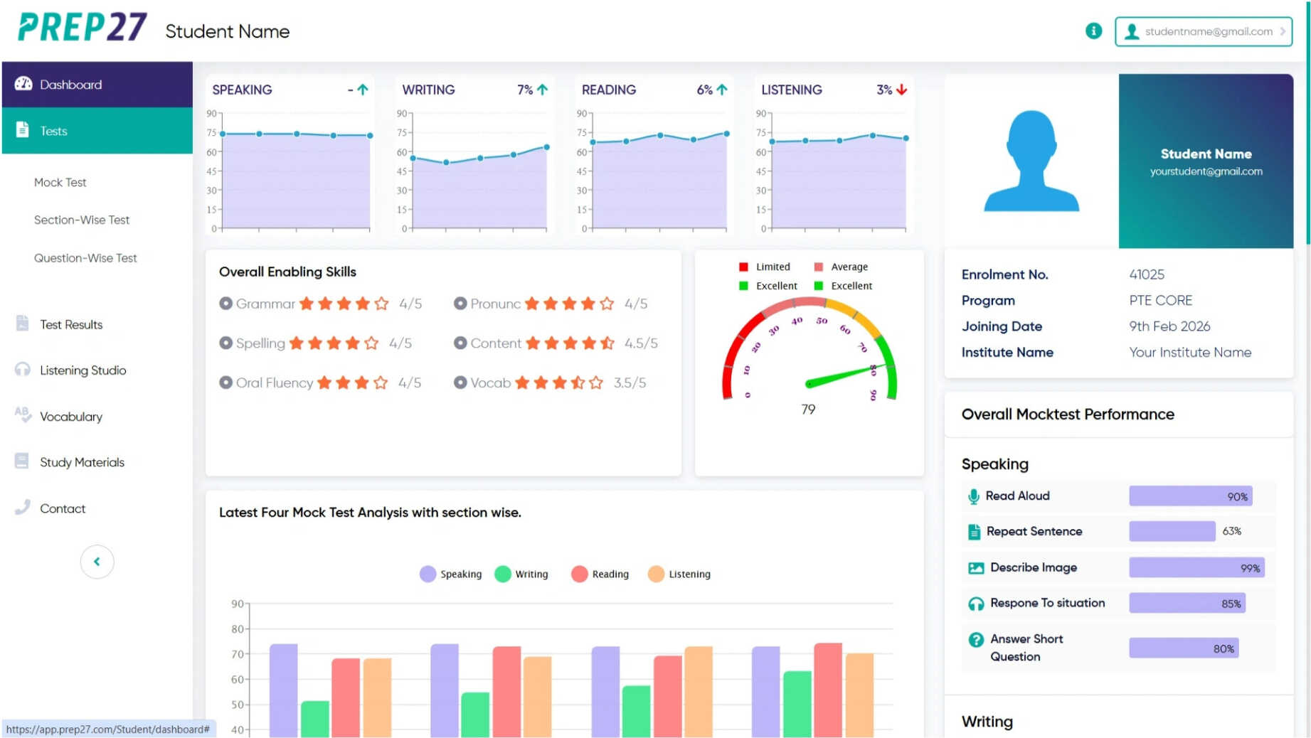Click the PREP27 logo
[82, 28]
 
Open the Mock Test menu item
[60, 183]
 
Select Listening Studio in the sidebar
[83, 370]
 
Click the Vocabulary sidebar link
[70, 417]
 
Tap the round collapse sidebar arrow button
[97, 562]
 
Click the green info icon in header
[1093, 31]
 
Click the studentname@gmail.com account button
[1203, 32]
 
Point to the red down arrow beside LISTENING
[902, 90]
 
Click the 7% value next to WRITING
[525, 90]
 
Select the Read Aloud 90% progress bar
[1189, 496]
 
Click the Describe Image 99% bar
[1196, 568]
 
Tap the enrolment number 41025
[1146, 274]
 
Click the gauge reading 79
[808, 410]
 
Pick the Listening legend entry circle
[656, 574]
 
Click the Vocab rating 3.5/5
[630, 383]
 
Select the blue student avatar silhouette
[1031, 161]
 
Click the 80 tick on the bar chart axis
[238, 629]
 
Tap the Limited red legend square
[743, 267]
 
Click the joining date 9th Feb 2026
[1169, 326]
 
